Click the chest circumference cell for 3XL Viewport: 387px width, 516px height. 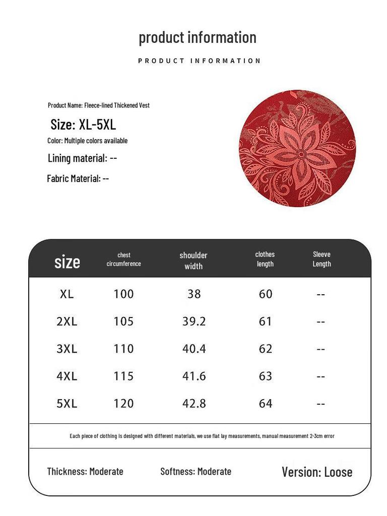(x=123, y=349)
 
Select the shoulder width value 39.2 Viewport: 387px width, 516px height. (x=194, y=321)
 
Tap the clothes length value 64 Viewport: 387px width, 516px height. (x=266, y=404)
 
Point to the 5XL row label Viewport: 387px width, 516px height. (x=67, y=404)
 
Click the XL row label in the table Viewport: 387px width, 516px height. (x=67, y=294)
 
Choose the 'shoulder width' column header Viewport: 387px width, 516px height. (x=193, y=261)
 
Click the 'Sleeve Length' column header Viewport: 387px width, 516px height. (x=321, y=259)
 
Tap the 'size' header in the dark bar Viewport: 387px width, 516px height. (x=67, y=262)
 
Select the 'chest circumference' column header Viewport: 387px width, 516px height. (x=123, y=260)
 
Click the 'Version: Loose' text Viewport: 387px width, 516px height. (x=317, y=472)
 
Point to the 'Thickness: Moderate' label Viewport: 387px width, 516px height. (x=85, y=472)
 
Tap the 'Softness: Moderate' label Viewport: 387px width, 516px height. (x=196, y=472)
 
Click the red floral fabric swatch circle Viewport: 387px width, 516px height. (x=297, y=149)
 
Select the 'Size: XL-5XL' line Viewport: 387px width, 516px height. (x=83, y=124)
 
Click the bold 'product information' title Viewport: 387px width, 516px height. (x=198, y=37)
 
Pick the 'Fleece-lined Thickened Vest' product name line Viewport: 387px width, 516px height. (x=99, y=105)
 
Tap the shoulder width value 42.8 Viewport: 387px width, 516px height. (x=194, y=404)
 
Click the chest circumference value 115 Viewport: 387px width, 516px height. (x=123, y=376)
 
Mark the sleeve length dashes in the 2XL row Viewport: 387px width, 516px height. (x=321, y=322)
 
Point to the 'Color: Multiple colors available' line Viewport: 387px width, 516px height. (x=88, y=141)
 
